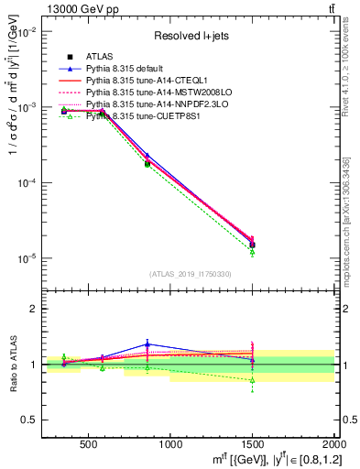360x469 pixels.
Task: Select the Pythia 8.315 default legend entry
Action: pyautogui.click(x=129, y=69)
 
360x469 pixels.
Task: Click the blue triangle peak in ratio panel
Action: pyautogui.click(x=147, y=344)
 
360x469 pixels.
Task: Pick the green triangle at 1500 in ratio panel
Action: pyautogui.click(x=252, y=379)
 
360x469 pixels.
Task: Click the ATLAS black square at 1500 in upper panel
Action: pyautogui.click(x=252, y=245)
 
